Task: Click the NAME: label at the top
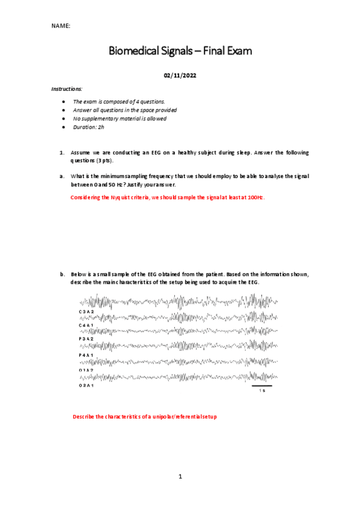(x=60, y=26)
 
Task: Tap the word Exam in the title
(x=239, y=52)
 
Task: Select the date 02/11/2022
(x=180, y=76)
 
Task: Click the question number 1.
(x=62, y=153)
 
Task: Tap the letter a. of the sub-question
(x=62, y=176)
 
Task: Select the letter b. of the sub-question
(x=62, y=274)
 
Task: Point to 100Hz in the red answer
(x=256, y=197)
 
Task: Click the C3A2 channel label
(x=86, y=312)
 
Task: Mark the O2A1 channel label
(x=86, y=385)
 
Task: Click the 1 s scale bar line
(x=261, y=386)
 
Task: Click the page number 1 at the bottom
(x=180, y=476)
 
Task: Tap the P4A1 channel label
(x=86, y=355)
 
